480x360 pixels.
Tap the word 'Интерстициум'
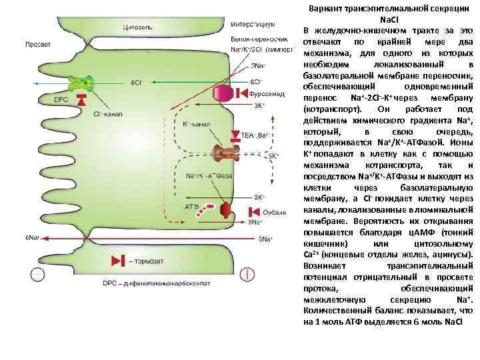tap(253, 23)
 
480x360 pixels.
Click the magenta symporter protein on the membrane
tap(225, 94)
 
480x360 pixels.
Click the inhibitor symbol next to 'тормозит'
tap(117, 260)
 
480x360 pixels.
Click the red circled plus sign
tap(247, 273)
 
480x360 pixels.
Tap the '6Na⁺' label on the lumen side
tap(33, 237)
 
